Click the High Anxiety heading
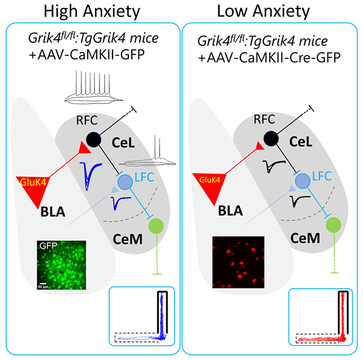click(x=90, y=11)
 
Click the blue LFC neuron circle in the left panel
click(x=125, y=181)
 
